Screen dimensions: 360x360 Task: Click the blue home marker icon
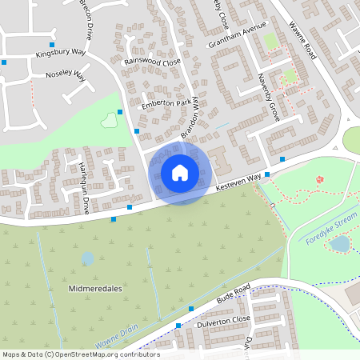(x=180, y=172)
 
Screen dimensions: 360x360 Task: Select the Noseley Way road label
(x=60, y=76)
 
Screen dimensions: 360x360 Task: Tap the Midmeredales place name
(x=95, y=286)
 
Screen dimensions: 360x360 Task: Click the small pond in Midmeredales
(x=86, y=258)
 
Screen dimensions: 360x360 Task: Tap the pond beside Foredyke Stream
(x=339, y=243)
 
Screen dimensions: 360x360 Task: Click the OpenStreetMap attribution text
(x=80, y=354)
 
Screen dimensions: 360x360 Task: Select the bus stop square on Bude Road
(x=190, y=308)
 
